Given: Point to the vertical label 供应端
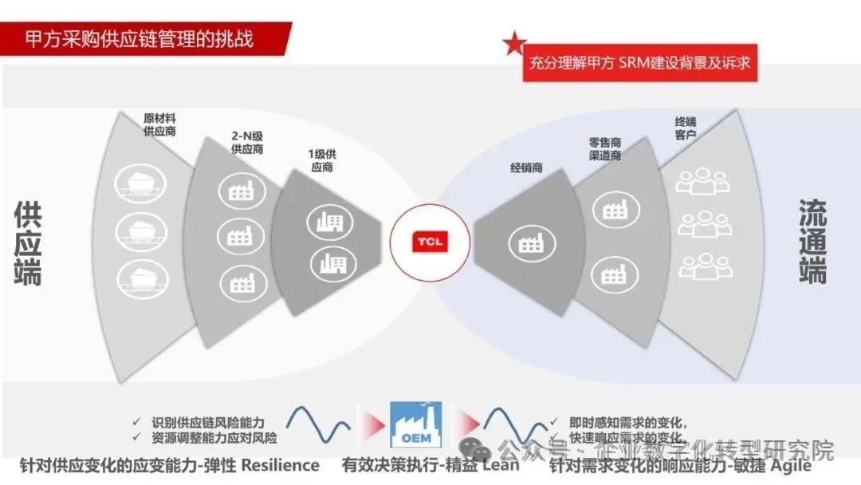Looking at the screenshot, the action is click(29, 244).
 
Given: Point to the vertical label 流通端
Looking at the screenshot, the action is click(812, 242).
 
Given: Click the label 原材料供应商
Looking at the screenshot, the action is click(159, 124).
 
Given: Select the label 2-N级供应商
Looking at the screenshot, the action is click(248, 141).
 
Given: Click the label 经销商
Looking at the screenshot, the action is click(526, 168).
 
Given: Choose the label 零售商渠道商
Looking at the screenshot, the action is click(605, 149).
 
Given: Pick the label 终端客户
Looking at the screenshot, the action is click(686, 128).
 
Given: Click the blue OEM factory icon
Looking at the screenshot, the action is click(415, 425).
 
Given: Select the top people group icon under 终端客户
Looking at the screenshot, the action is click(699, 179).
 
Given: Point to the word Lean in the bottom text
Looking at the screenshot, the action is click(501, 465).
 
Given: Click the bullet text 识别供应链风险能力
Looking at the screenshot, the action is click(208, 422).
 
